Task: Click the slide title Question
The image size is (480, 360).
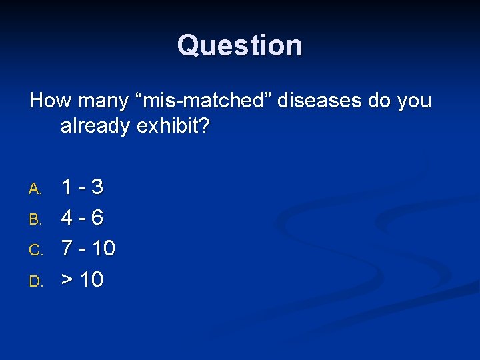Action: click(240, 46)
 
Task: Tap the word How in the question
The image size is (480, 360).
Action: click(51, 101)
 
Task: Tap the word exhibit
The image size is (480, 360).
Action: click(173, 126)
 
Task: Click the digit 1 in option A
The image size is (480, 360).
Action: click(67, 187)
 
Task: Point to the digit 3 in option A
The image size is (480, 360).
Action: click(97, 187)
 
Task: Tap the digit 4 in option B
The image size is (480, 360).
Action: click(67, 218)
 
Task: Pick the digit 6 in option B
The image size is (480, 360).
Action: click(97, 218)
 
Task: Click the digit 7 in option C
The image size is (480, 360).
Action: click(67, 249)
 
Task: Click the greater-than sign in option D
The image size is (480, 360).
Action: click(67, 280)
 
